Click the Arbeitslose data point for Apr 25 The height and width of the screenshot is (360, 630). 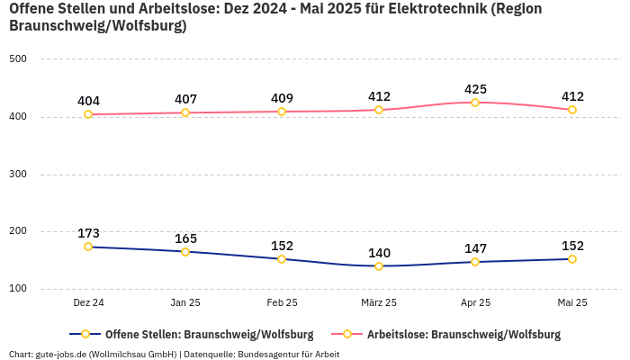click(475, 103)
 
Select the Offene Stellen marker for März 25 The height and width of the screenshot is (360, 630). click(379, 266)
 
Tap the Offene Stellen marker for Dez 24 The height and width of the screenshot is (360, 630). click(88, 247)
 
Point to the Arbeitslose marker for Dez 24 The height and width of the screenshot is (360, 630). click(88, 114)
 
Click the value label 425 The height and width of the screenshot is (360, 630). click(475, 89)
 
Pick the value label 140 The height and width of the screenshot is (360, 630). click(379, 253)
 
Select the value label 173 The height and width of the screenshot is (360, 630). click(88, 233)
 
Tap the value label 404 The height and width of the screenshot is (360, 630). click(88, 101)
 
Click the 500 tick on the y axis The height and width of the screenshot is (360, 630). click(18, 59)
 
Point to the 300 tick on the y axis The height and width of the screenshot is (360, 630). click(18, 175)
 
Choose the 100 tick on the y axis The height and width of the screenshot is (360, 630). click(18, 289)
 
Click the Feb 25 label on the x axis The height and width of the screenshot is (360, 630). click(282, 303)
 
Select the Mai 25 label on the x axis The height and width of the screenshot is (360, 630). click(572, 303)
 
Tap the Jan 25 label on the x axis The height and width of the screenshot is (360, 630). click(185, 303)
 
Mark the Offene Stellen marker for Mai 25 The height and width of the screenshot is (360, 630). click(572, 259)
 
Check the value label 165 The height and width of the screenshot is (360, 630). click(185, 238)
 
